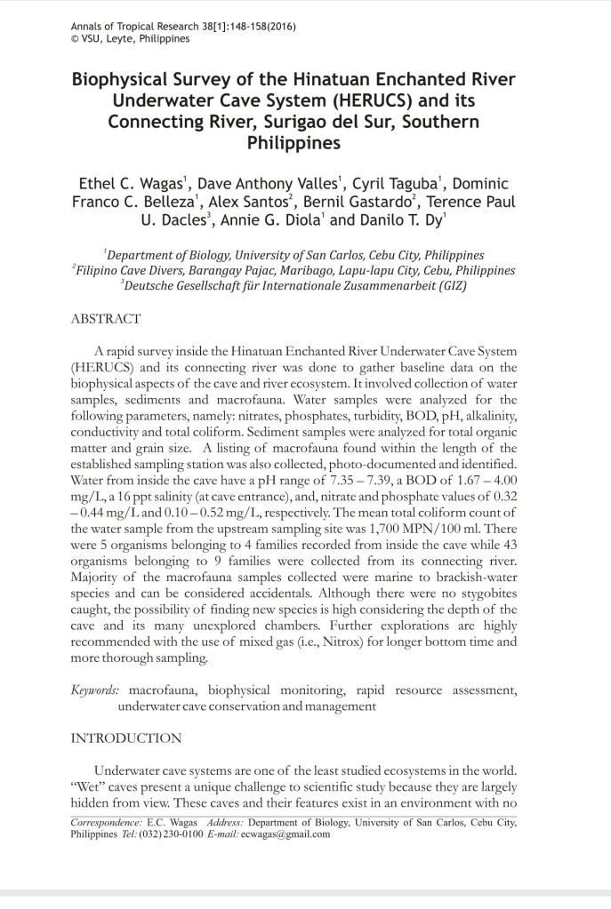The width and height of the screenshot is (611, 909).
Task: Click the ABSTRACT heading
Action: pos(106,318)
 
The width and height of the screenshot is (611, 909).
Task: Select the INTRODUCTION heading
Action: pos(125,738)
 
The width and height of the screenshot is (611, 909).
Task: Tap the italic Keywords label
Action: pos(97,690)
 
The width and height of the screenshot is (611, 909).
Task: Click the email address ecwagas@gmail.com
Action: pos(283,834)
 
